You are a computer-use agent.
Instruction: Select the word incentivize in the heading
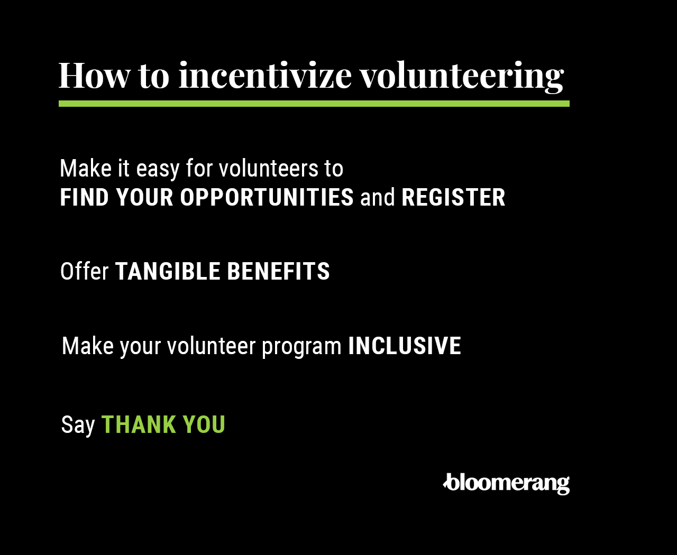[x=265, y=76]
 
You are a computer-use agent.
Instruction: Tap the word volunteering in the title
[x=462, y=77]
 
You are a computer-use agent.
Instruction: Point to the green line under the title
[x=314, y=104]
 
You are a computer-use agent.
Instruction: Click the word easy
[x=158, y=169]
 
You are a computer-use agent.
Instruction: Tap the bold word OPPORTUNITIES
[x=267, y=197]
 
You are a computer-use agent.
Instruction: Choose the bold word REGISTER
[x=453, y=197]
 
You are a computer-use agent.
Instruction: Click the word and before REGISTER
[x=377, y=197]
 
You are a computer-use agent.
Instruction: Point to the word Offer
[x=85, y=271]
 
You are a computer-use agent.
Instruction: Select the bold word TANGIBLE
[x=168, y=271]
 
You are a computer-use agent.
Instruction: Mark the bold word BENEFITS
[x=278, y=271]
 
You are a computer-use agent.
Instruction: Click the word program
[x=302, y=346]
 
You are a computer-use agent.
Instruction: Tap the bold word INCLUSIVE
[x=405, y=346]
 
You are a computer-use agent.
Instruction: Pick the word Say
[x=78, y=425]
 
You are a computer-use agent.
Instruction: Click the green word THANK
[x=139, y=424]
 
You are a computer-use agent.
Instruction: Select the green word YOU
[x=204, y=424]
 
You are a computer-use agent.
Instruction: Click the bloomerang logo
[x=506, y=484]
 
